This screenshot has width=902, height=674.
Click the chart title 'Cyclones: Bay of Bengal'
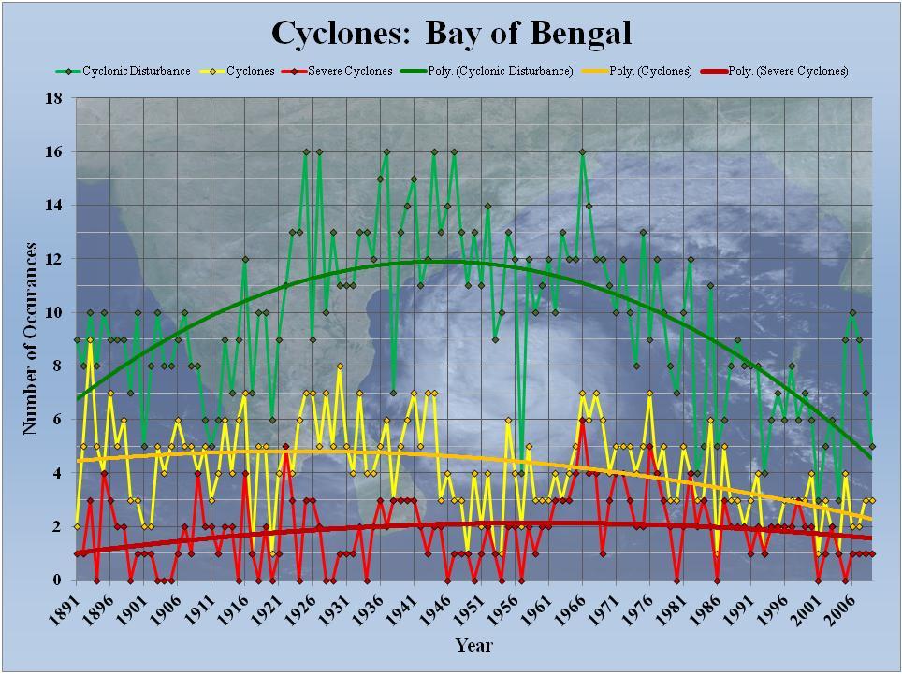[x=451, y=33]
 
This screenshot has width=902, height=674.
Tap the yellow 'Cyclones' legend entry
[x=238, y=71]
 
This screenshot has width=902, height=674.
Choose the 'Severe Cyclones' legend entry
[x=339, y=71]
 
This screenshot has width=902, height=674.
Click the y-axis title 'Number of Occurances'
[x=31, y=338]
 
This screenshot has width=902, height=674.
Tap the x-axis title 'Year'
[x=473, y=645]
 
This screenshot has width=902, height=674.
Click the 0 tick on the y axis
[x=59, y=581]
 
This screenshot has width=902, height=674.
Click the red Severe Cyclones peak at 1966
[x=582, y=420]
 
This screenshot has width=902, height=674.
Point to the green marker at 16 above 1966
[x=582, y=151]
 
